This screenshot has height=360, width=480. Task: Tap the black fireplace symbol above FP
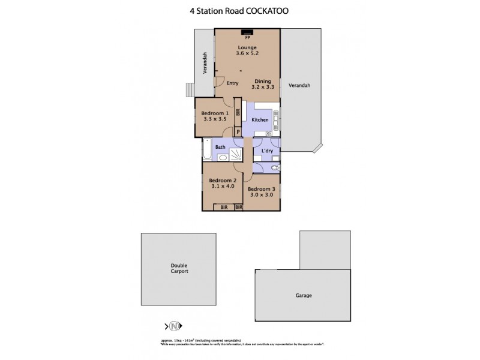247,32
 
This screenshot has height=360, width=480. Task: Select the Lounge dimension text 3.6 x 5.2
247,53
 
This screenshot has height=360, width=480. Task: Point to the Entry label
233,83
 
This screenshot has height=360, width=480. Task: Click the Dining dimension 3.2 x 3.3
263,88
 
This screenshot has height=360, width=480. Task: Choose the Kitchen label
260,120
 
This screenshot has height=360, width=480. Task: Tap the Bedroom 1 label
214,113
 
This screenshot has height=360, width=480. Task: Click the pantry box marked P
238,132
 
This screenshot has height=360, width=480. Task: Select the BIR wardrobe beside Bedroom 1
238,112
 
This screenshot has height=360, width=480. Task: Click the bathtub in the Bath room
207,150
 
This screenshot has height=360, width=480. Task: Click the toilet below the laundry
274,168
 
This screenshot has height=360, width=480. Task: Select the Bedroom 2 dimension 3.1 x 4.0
222,186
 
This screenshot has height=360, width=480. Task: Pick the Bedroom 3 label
262,189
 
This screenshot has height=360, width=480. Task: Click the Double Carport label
179,269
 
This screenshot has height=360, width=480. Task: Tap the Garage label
303,295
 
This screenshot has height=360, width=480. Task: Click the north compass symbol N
174,326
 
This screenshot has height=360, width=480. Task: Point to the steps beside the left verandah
190,89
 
